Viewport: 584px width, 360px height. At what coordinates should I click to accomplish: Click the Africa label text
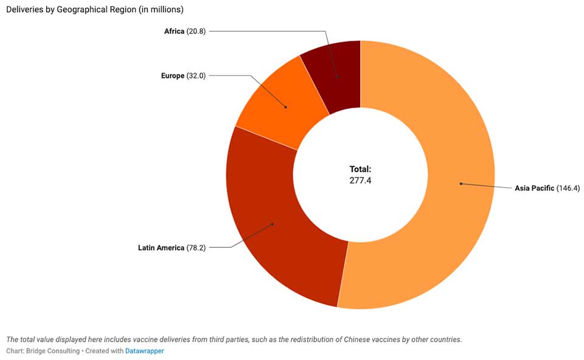(x=174, y=31)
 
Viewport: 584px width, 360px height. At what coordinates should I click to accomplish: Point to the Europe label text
(x=173, y=76)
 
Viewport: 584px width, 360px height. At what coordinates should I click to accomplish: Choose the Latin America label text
(x=161, y=247)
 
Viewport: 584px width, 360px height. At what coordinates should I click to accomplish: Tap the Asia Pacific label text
(x=534, y=188)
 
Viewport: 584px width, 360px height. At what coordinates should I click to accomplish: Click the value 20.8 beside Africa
(x=196, y=31)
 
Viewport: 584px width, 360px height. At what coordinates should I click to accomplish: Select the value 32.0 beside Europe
(x=196, y=76)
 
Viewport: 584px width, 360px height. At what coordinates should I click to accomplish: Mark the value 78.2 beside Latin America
(x=196, y=247)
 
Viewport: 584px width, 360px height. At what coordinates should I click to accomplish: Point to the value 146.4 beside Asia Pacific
(x=568, y=188)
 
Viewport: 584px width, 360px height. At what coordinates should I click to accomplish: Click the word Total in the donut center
(x=360, y=169)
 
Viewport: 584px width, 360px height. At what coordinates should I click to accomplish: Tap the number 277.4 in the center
(x=360, y=180)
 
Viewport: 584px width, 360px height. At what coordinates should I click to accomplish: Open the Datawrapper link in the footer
(x=144, y=351)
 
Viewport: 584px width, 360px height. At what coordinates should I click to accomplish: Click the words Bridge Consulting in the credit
(x=53, y=351)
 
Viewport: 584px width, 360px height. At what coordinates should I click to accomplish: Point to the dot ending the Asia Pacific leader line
(x=461, y=183)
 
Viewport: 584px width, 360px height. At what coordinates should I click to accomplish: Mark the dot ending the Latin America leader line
(x=273, y=224)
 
